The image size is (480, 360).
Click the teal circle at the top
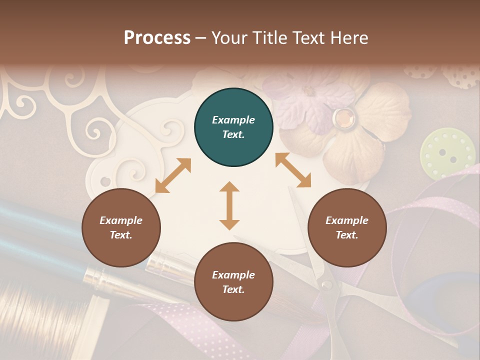point(233,127)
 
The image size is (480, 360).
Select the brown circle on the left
point(121,228)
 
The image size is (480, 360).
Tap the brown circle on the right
point(347,228)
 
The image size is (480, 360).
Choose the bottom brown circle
point(233,282)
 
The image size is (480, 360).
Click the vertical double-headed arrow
point(229,205)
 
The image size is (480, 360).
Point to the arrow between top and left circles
point(173,175)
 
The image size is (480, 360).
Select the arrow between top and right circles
point(293,170)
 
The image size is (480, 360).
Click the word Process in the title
point(157,37)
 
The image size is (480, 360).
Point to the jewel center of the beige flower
point(344,117)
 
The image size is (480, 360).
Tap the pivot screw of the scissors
point(326,285)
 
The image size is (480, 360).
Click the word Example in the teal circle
point(233,120)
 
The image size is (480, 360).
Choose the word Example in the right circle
point(347,220)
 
